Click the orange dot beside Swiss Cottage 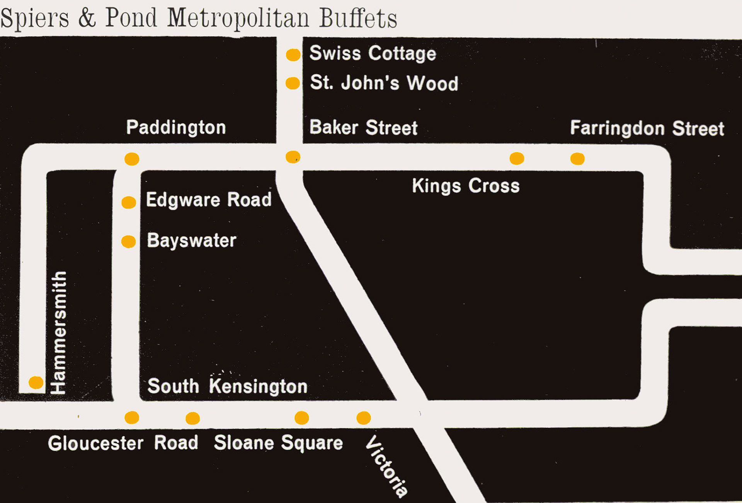(293, 55)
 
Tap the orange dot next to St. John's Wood (293, 83)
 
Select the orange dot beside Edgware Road (129, 202)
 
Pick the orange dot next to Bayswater (128, 242)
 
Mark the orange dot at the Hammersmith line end (36, 383)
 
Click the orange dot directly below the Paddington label (132, 159)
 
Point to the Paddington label (176, 128)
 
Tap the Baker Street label (363, 128)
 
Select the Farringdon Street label (647, 129)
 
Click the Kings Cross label (465, 186)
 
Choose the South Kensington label (227, 386)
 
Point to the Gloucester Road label (123, 443)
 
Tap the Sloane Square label (278, 443)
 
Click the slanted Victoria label (386, 466)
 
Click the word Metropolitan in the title (238, 19)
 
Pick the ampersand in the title (87, 18)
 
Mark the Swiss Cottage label (373, 53)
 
